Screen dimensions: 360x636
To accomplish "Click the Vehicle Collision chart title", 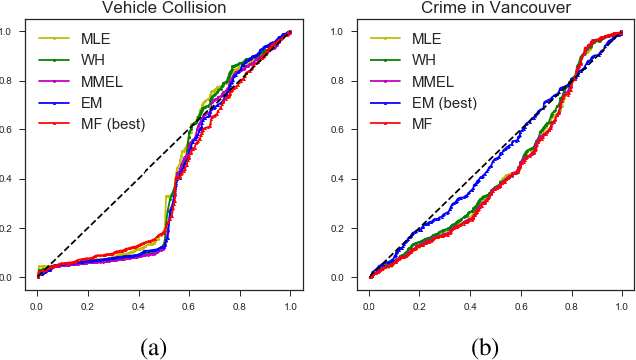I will (x=163, y=7).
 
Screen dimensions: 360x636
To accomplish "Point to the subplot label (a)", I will (x=152, y=347).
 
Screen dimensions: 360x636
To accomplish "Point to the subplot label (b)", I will (x=485, y=347).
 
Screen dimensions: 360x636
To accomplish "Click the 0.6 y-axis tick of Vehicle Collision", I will (x=16, y=130).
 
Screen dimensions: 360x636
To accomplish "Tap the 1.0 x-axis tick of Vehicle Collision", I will (x=291, y=297).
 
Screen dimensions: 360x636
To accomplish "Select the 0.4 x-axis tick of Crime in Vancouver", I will (x=470, y=297).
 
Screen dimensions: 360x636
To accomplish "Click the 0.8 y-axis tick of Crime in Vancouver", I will (x=348, y=81).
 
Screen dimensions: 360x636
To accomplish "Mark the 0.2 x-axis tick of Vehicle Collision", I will (x=87, y=297).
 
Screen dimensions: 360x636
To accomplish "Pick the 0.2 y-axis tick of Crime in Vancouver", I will (x=348, y=228).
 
